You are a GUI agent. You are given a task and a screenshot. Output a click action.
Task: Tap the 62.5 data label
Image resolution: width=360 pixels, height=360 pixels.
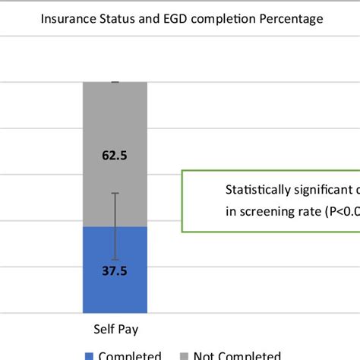click(115, 155)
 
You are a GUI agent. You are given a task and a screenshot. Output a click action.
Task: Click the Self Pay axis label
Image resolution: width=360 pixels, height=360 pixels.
click(115, 330)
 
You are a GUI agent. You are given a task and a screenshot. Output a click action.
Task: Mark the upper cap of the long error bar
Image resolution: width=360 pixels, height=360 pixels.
click(115, 193)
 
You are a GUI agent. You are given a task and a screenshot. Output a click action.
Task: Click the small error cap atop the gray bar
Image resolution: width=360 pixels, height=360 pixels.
click(115, 81)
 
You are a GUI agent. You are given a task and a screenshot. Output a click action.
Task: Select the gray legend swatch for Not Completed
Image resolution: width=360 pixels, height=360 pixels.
click(183, 355)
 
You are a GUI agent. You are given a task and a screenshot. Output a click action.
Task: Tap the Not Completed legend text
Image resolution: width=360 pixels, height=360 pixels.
click(237, 355)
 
